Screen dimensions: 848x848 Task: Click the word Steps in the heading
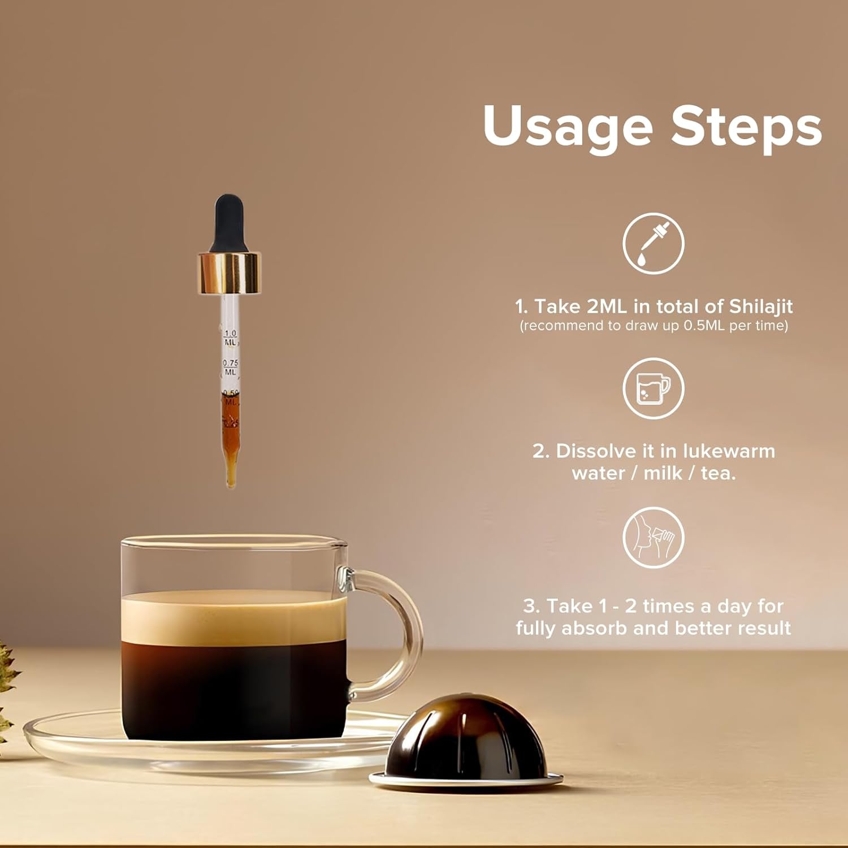point(746,126)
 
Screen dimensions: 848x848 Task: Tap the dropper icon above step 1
point(654,244)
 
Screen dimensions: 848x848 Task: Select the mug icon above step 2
point(654,388)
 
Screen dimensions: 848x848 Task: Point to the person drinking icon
point(654,538)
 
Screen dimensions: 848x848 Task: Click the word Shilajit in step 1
point(761,307)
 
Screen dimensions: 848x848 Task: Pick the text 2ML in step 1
point(607,306)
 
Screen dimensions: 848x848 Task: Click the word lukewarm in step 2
point(729,451)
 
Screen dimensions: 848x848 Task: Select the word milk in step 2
point(663,473)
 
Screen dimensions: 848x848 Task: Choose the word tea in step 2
point(719,474)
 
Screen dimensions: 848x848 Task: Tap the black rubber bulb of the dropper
point(228,224)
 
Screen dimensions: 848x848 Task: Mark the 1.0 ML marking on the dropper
point(230,338)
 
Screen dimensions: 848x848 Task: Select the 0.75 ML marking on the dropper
point(230,367)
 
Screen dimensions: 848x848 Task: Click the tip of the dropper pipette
point(231,485)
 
